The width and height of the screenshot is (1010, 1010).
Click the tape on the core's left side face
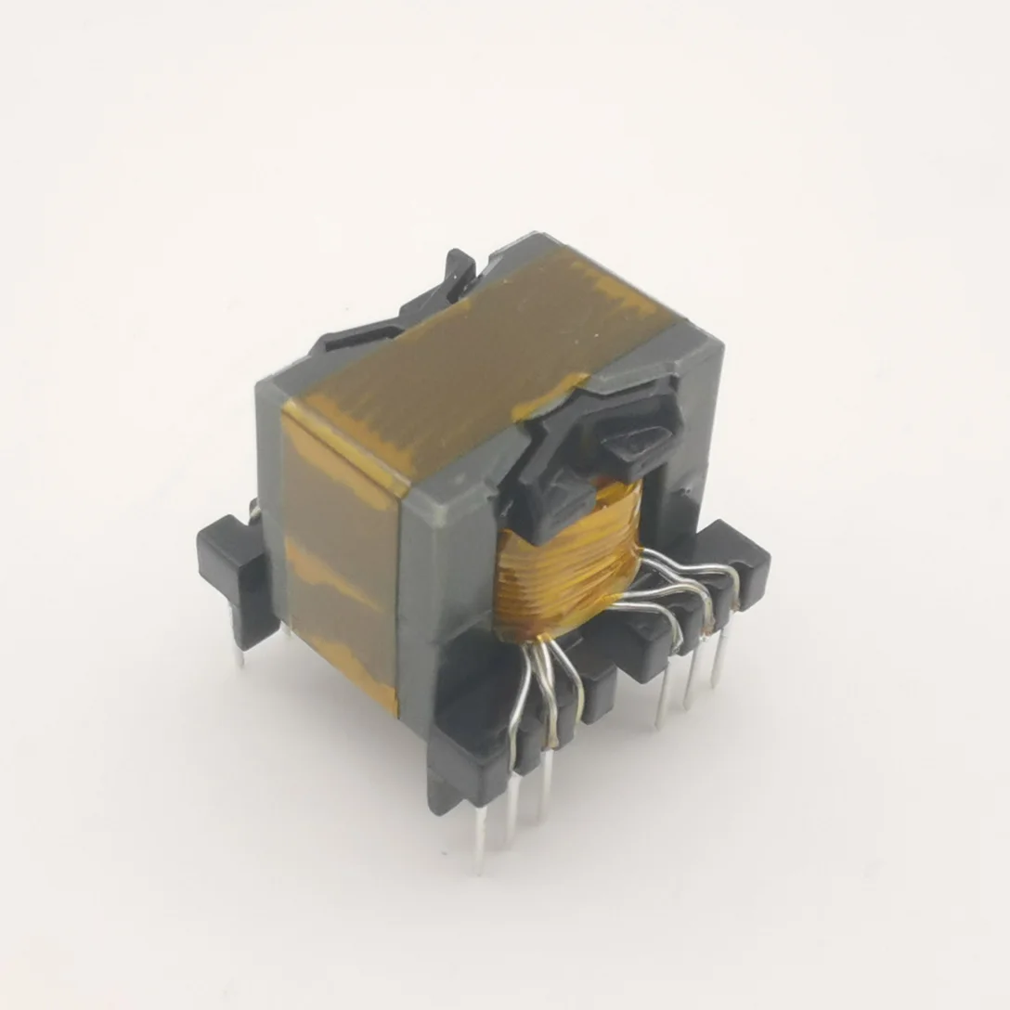pos(339,557)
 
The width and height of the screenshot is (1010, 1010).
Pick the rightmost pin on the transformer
pos(717,664)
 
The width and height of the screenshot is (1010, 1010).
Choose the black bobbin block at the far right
pos(738,557)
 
